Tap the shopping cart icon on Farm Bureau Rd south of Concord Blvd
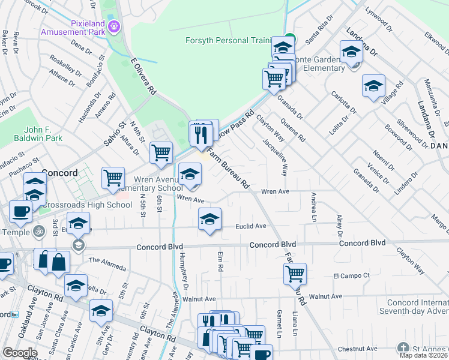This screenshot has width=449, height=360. click(x=295, y=274)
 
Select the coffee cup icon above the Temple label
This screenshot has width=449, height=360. click(x=21, y=211)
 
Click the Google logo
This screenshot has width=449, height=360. click(x=20, y=353)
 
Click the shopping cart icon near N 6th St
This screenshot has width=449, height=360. click(x=161, y=152)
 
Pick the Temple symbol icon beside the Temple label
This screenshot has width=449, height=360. click(x=39, y=230)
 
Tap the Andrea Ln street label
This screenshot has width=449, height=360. click(x=313, y=208)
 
